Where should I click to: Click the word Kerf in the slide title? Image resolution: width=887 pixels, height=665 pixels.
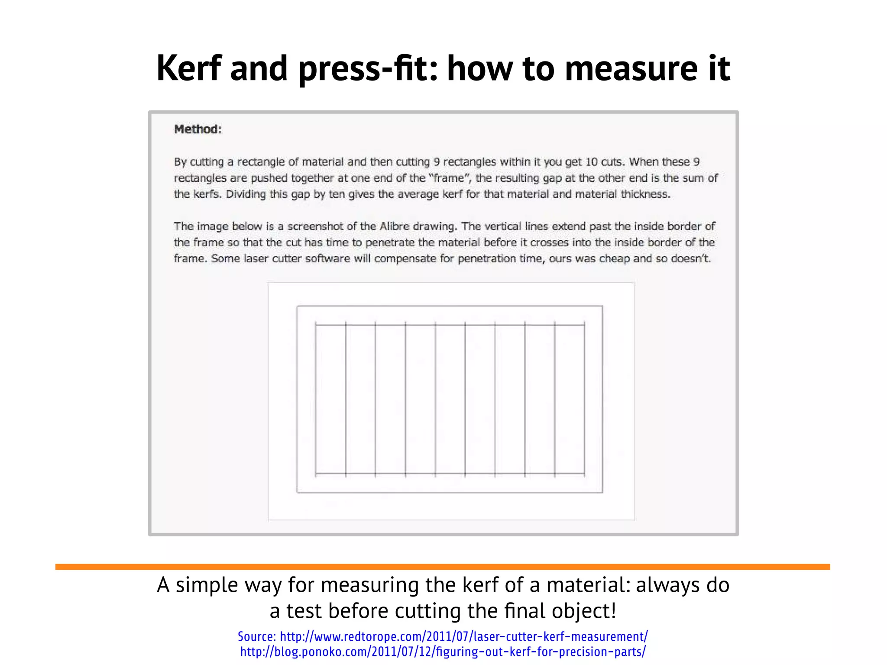[189, 68]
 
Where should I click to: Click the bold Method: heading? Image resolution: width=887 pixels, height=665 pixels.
[198, 129]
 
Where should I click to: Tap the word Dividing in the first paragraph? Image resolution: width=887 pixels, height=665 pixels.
[245, 194]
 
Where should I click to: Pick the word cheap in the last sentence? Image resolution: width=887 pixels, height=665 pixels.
[613, 258]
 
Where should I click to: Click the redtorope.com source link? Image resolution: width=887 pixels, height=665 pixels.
[464, 636]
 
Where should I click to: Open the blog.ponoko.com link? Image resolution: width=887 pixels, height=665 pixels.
[443, 652]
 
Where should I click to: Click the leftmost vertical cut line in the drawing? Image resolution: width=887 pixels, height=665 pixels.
[316, 398]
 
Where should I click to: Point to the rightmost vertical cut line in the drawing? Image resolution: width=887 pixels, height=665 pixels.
[585, 398]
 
